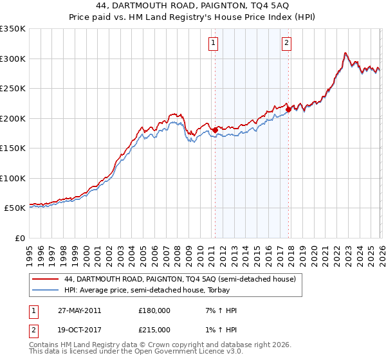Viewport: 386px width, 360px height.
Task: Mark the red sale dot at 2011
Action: [215, 130]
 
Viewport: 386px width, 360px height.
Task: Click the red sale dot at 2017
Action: [288, 109]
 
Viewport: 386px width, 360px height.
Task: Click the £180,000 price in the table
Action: [154, 310]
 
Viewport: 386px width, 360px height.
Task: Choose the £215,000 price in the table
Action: [154, 330]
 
